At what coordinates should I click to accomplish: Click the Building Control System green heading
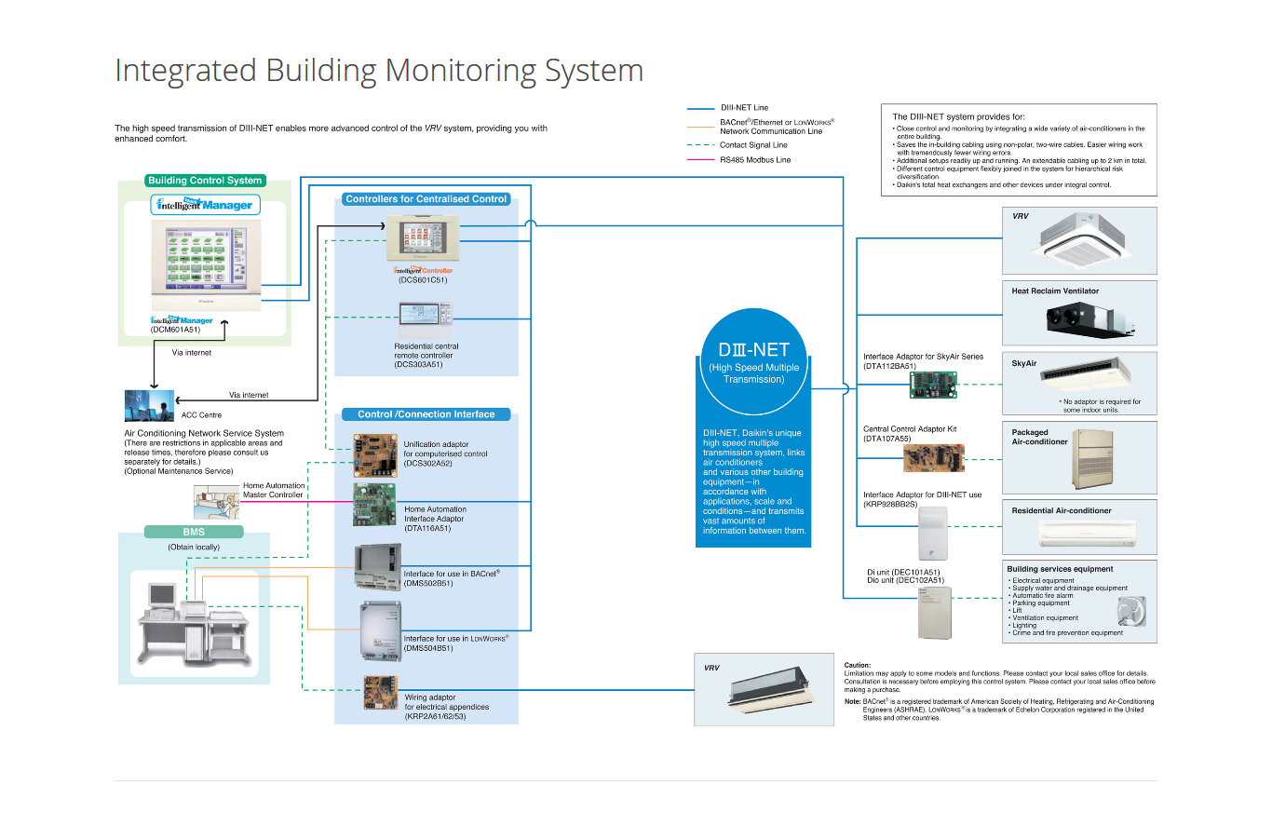coord(205,181)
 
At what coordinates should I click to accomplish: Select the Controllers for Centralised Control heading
coord(426,199)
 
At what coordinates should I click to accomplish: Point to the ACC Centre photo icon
coord(149,405)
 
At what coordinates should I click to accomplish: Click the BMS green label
coord(194,532)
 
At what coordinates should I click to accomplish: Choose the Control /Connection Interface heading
coord(426,414)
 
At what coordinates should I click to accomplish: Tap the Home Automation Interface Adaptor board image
coord(374,506)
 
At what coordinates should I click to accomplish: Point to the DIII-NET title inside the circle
coord(753,350)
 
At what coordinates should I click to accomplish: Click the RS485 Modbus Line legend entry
coord(755,160)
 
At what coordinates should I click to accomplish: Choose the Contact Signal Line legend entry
coord(752,145)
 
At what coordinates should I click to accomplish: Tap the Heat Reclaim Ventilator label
coord(1055,291)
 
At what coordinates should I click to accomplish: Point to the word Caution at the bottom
coord(857,665)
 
